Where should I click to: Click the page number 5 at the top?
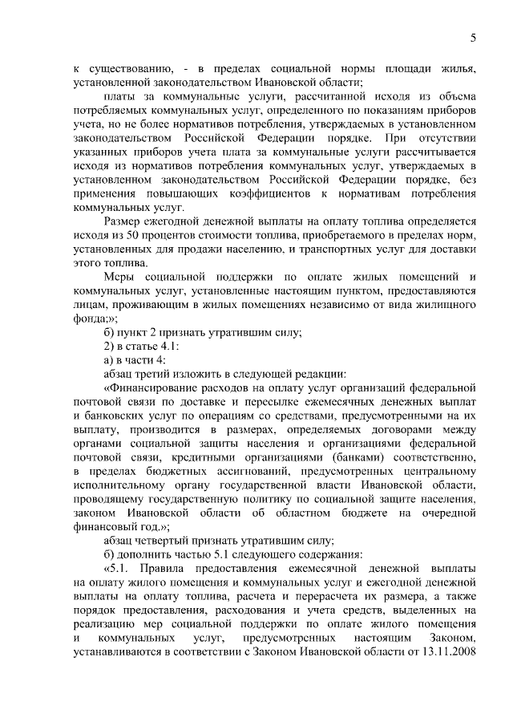474,39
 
